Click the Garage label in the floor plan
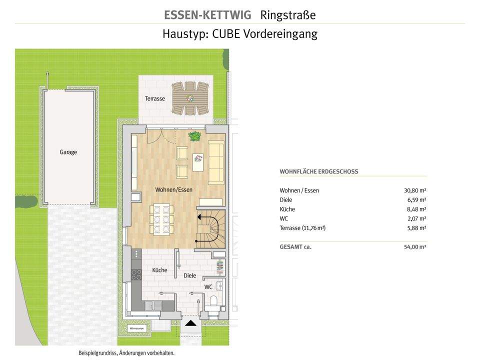pos(68,152)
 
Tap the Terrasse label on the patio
pos(155,98)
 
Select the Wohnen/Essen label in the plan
pos(173,189)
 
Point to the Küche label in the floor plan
pos(159,270)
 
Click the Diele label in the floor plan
pos(190,275)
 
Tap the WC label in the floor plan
pos(208,287)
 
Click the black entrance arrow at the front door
pos(191,323)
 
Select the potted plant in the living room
pos(194,135)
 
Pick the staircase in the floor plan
pos(209,229)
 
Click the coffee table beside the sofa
pos(198,161)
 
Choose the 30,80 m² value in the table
pos(415,190)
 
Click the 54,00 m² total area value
pos(415,247)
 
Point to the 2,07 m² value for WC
pos(416,218)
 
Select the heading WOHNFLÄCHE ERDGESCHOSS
pos(319,171)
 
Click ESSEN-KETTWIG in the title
pos(207,15)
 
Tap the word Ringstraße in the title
pos(288,15)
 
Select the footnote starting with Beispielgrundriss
pos(126,353)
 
